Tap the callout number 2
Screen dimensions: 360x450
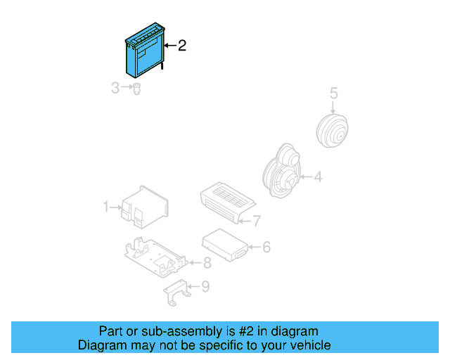coord(182,46)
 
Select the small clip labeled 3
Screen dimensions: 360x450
coord(138,89)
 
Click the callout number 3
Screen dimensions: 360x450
coord(115,88)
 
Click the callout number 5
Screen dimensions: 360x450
coord(334,93)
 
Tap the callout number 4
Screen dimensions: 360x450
coord(318,177)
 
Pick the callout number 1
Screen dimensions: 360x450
coord(106,207)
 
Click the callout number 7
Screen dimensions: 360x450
coord(257,221)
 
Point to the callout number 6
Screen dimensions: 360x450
coord(266,247)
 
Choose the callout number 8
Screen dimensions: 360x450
coord(207,264)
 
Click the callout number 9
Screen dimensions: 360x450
coord(205,286)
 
